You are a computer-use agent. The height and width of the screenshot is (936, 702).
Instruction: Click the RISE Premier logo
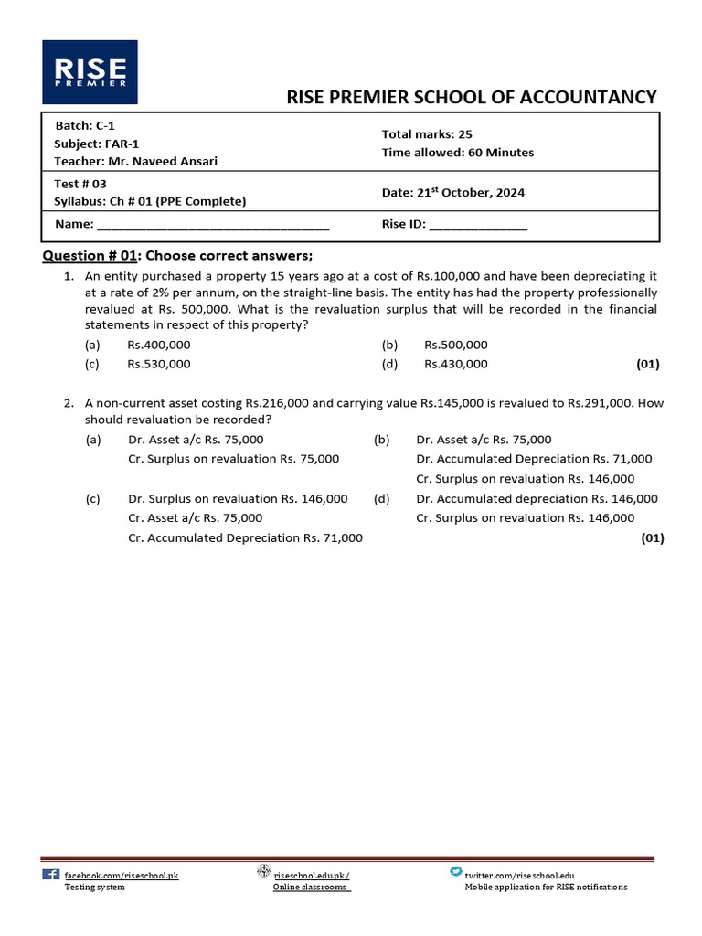tap(90, 72)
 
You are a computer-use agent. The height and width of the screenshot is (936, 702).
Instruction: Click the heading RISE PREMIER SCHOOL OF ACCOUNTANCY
tap(472, 98)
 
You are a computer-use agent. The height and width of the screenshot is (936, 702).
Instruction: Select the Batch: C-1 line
tap(85, 125)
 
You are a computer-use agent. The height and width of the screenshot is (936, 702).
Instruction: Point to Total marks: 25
tap(427, 134)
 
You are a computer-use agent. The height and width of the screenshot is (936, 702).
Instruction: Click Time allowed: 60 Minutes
tap(458, 153)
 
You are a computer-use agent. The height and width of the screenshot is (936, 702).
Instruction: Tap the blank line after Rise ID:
tap(478, 225)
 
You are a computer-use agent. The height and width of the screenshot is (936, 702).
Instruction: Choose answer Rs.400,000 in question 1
tap(159, 345)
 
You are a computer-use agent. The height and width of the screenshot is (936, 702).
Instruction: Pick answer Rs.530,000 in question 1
tap(159, 364)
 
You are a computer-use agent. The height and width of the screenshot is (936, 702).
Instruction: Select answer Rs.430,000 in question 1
tap(456, 364)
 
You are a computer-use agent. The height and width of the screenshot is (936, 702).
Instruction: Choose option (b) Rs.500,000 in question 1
tap(456, 345)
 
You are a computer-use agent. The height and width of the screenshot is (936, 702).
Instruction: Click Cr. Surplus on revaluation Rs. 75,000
tap(233, 459)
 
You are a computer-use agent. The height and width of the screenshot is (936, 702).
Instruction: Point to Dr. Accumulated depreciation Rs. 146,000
tap(537, 498)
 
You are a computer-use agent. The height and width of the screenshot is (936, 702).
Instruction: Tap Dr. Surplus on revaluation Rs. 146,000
tap(238, 498)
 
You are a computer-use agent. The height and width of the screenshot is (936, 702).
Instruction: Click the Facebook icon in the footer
tap(51, 874)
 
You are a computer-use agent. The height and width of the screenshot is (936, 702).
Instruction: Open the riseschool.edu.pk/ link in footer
tap(311, 875)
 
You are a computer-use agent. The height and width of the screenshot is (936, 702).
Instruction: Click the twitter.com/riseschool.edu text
tap(520, 875)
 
